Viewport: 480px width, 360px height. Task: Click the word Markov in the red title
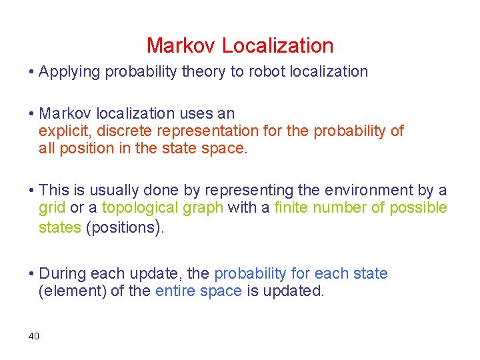point(181,45)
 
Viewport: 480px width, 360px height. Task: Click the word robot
point(269,71)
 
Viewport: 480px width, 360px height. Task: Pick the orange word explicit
point(62,131)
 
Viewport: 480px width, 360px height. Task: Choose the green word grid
point(52,207)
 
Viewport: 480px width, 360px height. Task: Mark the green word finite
point(290,207)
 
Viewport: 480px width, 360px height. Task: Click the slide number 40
point(34,335)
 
